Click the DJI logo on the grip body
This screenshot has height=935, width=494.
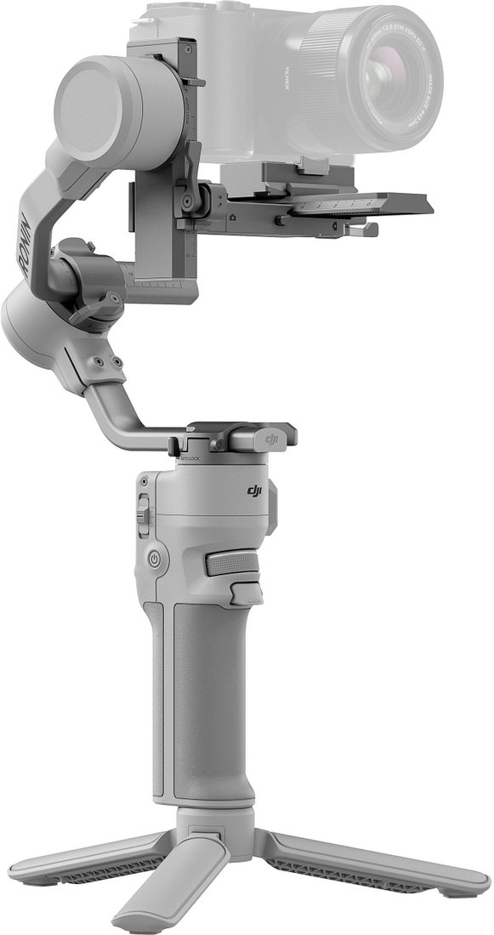pos(256,490)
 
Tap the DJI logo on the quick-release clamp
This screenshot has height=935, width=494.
pos(272,438)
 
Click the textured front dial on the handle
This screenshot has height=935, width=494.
pos(232,564)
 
